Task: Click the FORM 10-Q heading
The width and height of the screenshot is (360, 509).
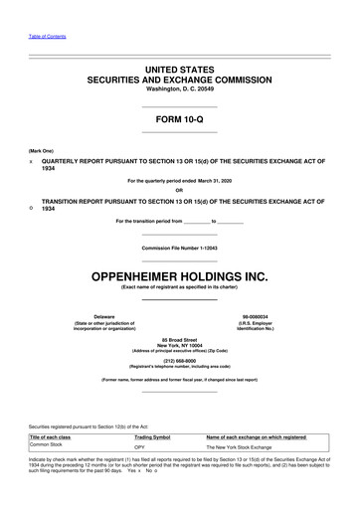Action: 179,120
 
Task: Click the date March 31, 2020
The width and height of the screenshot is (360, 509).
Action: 221,180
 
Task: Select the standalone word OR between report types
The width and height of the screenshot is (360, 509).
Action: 179,190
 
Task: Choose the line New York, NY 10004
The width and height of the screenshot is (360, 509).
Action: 179,345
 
